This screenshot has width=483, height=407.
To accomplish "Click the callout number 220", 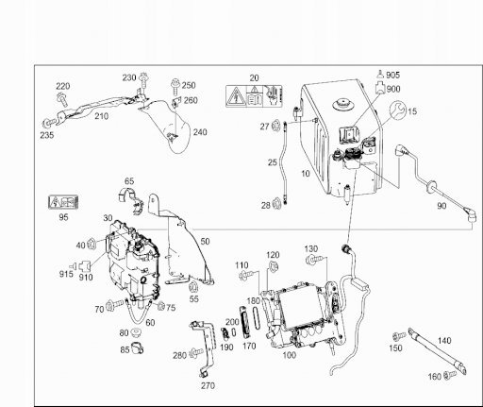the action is pos(63,86).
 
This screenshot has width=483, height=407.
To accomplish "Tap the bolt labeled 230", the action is pos(144,81).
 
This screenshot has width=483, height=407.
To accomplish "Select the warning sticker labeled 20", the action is pos(254,96).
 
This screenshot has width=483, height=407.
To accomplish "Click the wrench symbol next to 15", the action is pos(398,110).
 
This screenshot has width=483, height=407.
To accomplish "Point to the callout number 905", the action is pos(392,76).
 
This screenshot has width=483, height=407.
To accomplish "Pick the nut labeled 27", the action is pos(275,126).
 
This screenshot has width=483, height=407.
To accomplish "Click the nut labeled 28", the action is pos(276,204).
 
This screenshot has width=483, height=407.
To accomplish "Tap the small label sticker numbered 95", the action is pos(63,202).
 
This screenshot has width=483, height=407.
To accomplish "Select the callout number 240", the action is pos(200,132).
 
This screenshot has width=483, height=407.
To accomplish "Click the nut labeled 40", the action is pos(92,244).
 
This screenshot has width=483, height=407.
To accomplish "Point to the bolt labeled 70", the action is pos(115,305).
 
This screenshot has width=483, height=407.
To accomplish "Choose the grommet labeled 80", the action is pos(136,332).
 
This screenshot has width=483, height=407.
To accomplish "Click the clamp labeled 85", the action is pos(137,348).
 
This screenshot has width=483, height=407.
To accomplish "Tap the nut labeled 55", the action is pos(193,287).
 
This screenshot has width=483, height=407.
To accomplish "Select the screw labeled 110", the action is pos(246,275).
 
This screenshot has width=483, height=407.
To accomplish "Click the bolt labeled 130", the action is pos(313,261).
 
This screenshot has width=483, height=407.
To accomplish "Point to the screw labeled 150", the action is pos(399,336).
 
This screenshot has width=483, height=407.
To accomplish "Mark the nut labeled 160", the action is pos(449,375).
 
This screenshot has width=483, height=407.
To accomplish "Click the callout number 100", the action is pos(289,355).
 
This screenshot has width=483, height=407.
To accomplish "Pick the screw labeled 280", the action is pos(195,354).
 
